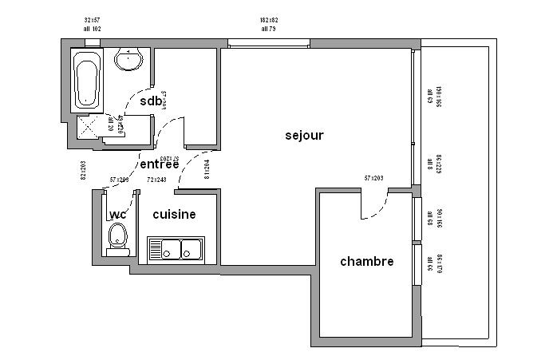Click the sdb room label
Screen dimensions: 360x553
click(x=151, y=101)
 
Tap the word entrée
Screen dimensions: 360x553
click(x=159, y=164)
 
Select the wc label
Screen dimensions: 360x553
click(x=117, y=215)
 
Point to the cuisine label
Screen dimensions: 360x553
click(x=174, y=215)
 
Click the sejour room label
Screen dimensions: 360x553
click(x=304, y=135)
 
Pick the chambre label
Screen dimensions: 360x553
click(x=366, y=261)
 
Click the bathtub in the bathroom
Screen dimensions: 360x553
click(x=86, y=81)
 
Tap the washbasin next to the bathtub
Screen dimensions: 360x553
click(x=128, y=58)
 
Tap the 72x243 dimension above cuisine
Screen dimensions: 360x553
click(x=156, y=180)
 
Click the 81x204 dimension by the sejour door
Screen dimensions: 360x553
click(x=207, y=170)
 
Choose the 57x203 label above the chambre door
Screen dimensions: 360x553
click(x=373, y=178)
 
